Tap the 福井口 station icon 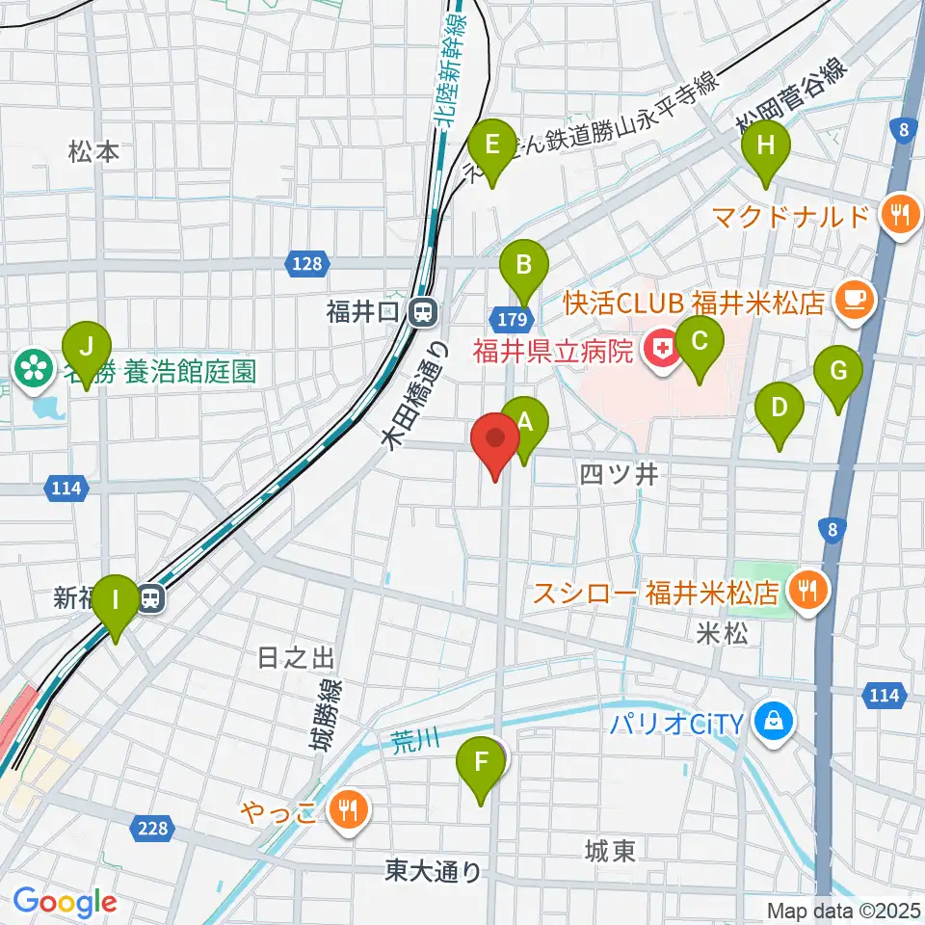pos(421,311)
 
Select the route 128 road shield pos(309,262)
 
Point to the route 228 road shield pos(153,828)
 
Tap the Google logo pos(65,902)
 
